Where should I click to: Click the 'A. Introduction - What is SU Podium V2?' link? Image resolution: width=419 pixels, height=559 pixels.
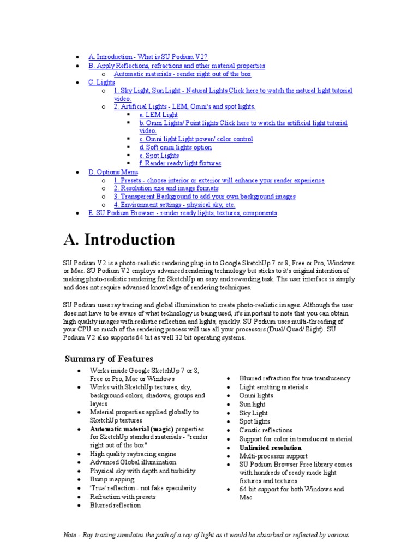pyautogui.click(x=148, y=57)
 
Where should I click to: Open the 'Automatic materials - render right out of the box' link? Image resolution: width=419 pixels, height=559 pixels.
pyautogui.click(x=182, y=74)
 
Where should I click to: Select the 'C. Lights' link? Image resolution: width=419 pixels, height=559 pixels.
pyautogui.click(x=102, y=82)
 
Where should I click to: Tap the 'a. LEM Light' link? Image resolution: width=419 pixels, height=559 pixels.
pyautogui.click(x=159, y=115)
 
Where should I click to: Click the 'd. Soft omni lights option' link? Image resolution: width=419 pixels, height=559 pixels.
pyautogui.click(x=176, y=147)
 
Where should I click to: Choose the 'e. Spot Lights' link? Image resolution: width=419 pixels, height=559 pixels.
pyautogui.click(x=159, y=156)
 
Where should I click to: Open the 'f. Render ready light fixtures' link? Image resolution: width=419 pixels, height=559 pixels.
pyautogui.click(x=180, y=164)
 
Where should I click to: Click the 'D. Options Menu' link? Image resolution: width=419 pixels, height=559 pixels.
pyautogui.click(x=113, y=172)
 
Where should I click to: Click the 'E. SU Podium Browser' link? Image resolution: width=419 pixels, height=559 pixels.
pyautogui.click(x=183, y=213)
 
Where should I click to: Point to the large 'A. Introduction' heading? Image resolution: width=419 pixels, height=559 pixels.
pyautogui.click(x=119, y=240)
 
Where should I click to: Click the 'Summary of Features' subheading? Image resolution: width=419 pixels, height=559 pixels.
pyautogui.click(x=109, y=359)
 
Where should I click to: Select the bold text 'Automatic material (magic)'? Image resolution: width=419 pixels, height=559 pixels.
pyautogui.click(x=132, y=429)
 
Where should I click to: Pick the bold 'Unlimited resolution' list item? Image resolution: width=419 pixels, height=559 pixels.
pyautogui.click(x=270, y=448)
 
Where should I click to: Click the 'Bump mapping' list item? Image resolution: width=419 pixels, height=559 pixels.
pyautogui.click(x=112, y=479)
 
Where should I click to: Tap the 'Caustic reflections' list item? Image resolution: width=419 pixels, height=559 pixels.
pyautogui.click(x=266, y=430)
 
